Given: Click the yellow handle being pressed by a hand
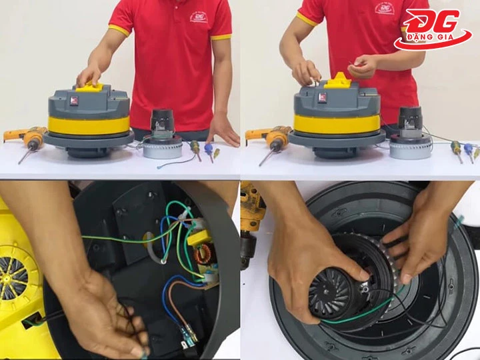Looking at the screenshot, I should click(90, 86).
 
